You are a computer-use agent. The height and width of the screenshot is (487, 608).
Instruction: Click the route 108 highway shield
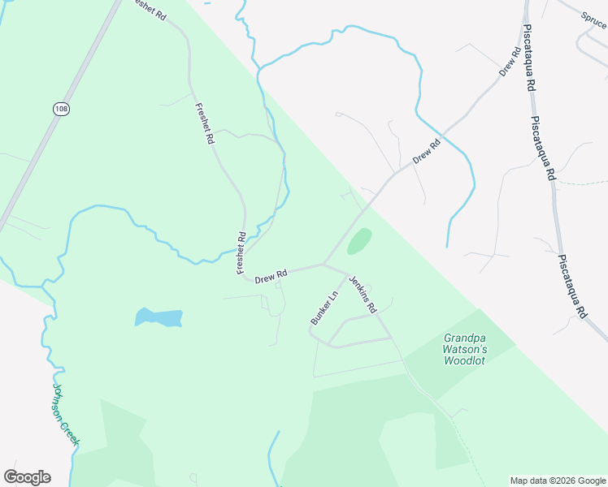point(60,108)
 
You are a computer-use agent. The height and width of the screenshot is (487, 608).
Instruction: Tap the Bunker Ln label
point(323,308)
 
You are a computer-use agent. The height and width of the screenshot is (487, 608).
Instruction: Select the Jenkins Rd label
point(363,295)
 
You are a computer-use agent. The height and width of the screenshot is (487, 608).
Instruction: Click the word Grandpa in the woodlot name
point(463,338)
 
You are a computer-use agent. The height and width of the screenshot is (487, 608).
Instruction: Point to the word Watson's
point(464,349)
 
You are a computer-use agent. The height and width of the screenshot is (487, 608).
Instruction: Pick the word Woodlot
point(464,360)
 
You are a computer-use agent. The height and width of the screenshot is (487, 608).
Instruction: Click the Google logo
point(27,477)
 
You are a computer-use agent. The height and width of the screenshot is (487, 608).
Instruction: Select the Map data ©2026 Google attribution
point(557,481)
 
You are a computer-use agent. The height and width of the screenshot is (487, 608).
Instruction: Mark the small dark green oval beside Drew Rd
point(359,240)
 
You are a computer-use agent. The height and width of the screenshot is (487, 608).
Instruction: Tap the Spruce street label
point(594,19)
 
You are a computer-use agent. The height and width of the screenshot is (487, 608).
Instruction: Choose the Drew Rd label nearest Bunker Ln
point(271,278)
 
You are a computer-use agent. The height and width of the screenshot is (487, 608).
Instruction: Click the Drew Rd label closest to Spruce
point(510,62)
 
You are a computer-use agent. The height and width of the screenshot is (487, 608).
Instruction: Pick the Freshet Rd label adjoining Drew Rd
point(241,252)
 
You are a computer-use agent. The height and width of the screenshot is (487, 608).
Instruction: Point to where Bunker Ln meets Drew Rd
point(324,264)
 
